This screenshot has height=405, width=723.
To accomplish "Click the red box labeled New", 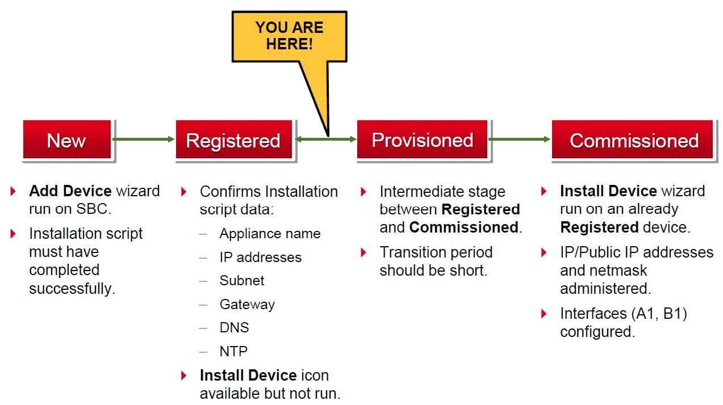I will tap(66, 140).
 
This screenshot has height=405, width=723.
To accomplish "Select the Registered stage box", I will tap(233, 140).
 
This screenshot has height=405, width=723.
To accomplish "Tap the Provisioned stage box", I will tap(422, 140).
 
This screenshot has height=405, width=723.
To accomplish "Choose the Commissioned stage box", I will tap(633, 140).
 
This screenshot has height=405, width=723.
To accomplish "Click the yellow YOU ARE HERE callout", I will tap(289, 36).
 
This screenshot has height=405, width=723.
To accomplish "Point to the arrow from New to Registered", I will tap(143, 139).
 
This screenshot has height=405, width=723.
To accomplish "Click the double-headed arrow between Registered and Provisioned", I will tap(325, 139).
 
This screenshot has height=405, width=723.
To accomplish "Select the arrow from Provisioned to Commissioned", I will tap(519, 139).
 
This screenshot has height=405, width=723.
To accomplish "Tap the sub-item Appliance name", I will tap(270, 234).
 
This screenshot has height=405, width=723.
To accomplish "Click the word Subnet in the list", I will tap(242, 281).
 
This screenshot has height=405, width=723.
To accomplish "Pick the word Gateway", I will tap(247, 305).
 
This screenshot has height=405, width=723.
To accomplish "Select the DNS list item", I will tap(234, 328).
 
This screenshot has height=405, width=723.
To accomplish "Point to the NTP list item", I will tap(233, 352).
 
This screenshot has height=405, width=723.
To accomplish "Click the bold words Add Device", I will tap(70, 191).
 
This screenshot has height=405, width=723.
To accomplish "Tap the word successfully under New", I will tap(72, 288).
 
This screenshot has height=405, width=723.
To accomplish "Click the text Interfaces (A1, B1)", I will tap(624, 314).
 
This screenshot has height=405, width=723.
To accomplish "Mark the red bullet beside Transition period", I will tap(364, 252).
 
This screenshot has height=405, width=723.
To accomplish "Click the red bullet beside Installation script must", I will tap(14, 233).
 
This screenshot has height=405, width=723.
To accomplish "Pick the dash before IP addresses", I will tap(203, 258).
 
